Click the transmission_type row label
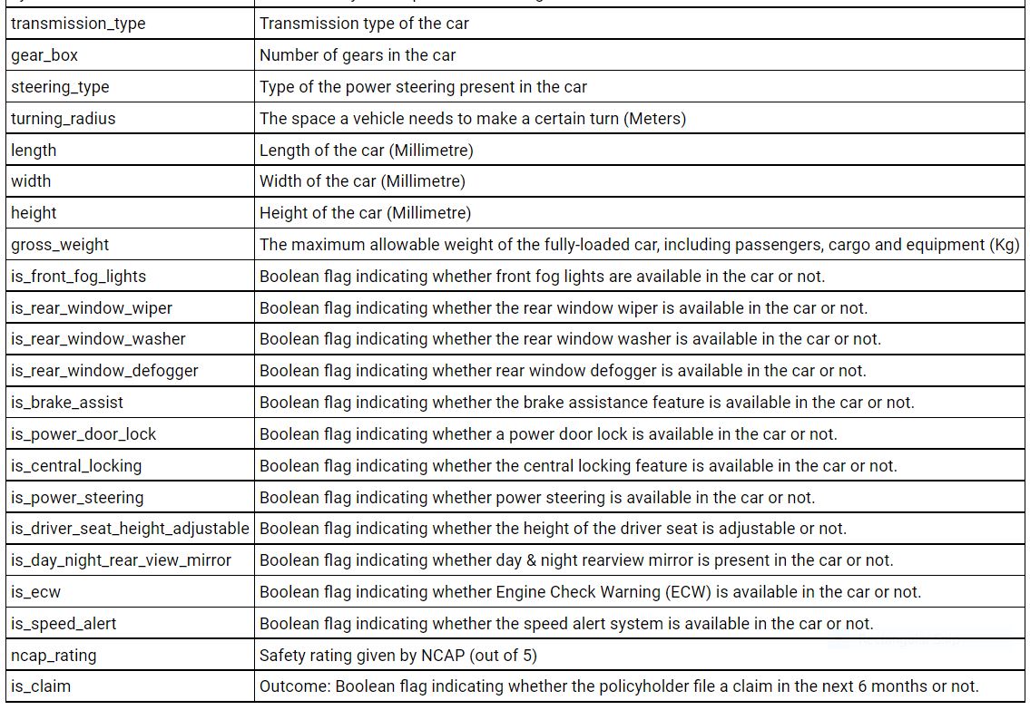pyautogui.click(x=78, y=24)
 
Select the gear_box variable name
pyautogui.click(x=44, y=55)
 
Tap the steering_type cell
pyautogui.click(x=60, y=87)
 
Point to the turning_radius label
pyautogui.click(x=64, y=119)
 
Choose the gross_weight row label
pyautogui.click(x=60, y=245)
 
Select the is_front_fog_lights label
pyautogui.click(x=78, y=277)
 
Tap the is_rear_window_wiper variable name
pyautogui.click(x=92, y=308)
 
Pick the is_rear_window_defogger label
pyautogui.click(x=104, y=371)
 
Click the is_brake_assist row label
pyautogui.click(x=67, y=403)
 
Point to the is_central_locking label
pyautogui.click(x=76, y=466)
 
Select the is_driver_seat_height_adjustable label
pyautogui.click(x=130, y=529)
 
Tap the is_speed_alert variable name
pyautogui.click(x=64, y=624)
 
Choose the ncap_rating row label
pyautogui.click(x=54, y=656)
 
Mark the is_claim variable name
pyautogui.click(x=41, y=686)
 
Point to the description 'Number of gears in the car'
pyautogui.click(x=358, y=55)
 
